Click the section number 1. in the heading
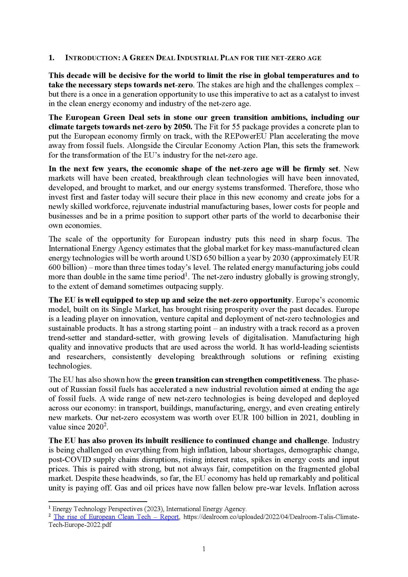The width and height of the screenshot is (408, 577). click(51, 58)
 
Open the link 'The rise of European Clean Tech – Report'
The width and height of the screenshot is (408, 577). click(116, 517)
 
